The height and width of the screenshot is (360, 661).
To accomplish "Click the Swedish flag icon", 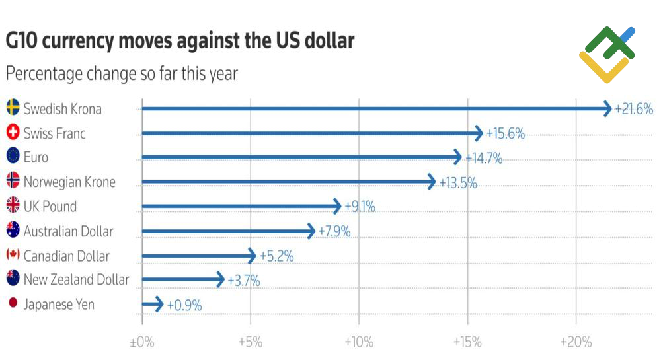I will click(x=13, y=108).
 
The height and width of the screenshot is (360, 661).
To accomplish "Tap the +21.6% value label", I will click(x=634, y=109).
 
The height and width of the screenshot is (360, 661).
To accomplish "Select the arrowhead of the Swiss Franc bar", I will click(x=479, y=133).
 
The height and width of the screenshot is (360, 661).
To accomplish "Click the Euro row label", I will click(x=36, y=158).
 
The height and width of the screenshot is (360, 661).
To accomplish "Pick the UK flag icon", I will click(x=13, y=206).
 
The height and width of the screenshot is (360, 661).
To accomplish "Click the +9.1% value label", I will click(x=360, y=207).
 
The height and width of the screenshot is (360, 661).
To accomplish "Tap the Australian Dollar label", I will click(x=68, y=231).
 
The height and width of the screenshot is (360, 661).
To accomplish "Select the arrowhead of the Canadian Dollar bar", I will click(x=251, y=256).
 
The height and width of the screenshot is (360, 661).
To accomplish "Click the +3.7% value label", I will click(x=244, y=281).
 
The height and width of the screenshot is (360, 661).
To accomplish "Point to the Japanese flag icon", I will click(x=13, y=304).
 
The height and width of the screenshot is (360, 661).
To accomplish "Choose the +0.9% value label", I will click(x=184, y=305).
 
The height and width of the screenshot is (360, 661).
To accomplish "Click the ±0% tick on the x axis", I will click(x=141, y=342).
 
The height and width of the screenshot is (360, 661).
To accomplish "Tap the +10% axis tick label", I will click(x=359, y=342).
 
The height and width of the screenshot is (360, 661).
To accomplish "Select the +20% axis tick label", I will click(x=576, y=342).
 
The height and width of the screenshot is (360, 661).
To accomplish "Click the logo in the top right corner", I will click(x=607, y=54).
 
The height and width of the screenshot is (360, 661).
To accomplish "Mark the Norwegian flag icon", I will click(x=13, y=182).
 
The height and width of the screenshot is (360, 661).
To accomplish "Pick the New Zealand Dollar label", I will click(x=76, y=280).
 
